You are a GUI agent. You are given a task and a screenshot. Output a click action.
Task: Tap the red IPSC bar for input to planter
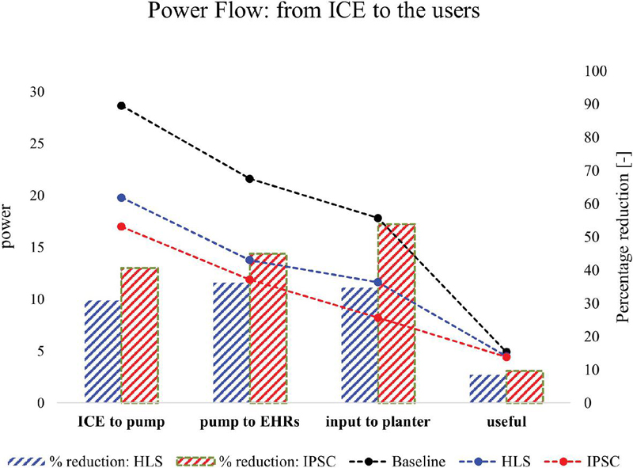(396, 313)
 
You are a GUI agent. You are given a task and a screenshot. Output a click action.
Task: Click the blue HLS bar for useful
(487, 389)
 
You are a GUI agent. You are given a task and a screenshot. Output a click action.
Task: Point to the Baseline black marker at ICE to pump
(121, 105)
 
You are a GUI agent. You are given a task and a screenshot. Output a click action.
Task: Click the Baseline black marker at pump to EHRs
(250, 179)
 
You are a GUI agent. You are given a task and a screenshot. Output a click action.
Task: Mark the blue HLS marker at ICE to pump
(121, 197)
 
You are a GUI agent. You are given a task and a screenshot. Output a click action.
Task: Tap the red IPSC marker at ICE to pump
(121, 226)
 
